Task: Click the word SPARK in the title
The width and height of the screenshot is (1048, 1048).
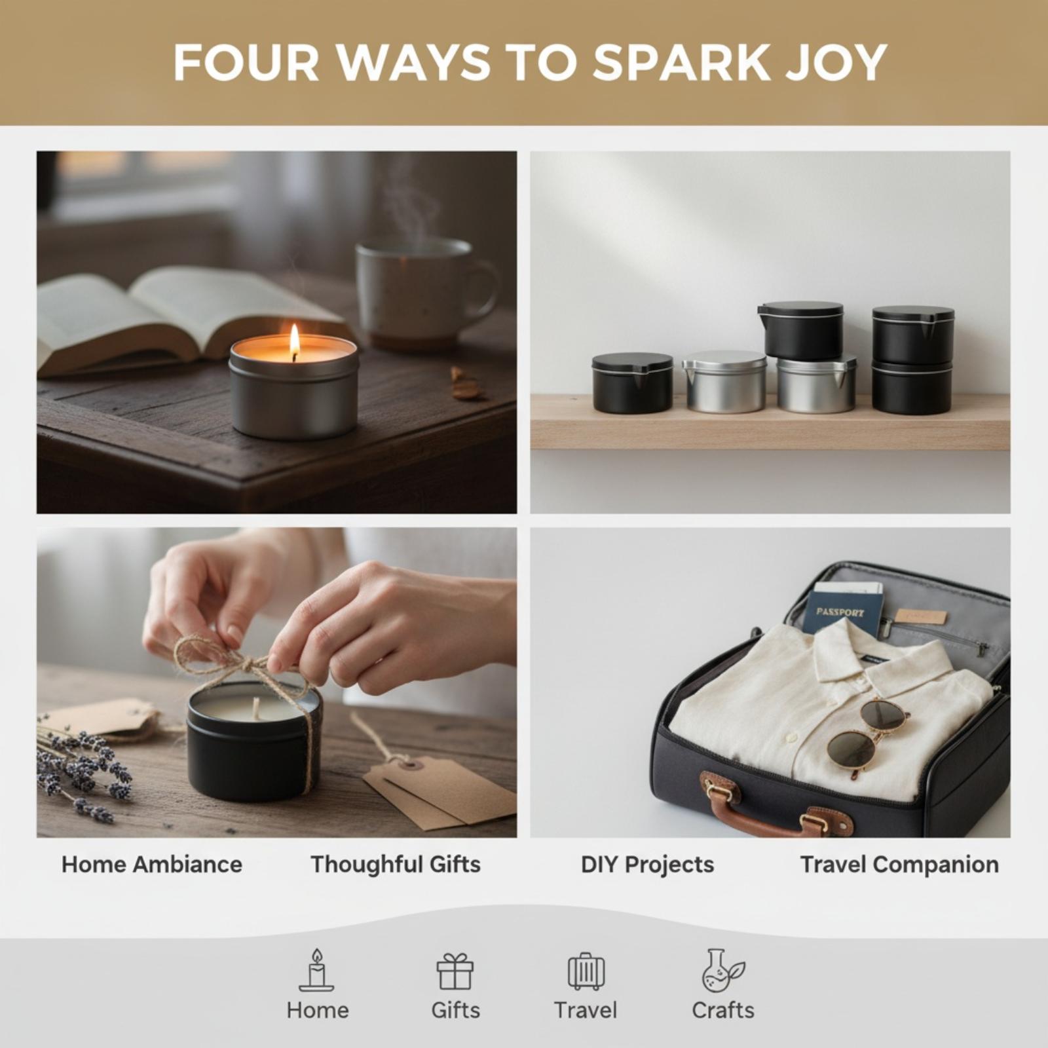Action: [x=681, y=63]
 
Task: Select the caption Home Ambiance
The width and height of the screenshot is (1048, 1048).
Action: [x=152, y=865]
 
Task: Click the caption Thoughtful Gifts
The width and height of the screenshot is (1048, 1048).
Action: [x=396, y=865]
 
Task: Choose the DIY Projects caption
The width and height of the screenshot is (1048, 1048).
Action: [x=647, y=865]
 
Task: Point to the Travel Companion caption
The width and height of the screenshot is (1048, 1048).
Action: [x=899, y=865]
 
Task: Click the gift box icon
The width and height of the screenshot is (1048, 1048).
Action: [x=455, y=971]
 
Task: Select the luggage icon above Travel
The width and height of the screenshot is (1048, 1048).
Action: [x=586, y=971]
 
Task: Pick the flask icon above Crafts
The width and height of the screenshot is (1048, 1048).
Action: [x=722, y=971]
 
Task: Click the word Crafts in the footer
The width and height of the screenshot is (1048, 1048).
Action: [x=723, y=1010]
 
